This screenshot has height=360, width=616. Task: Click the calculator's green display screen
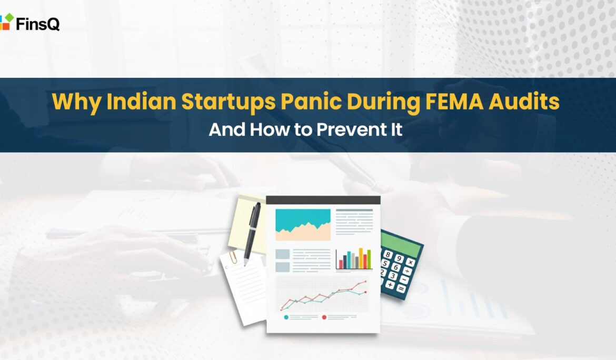[x=402, y=245]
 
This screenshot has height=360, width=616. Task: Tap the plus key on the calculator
[x=390, y=284]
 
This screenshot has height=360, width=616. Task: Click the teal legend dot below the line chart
[x=286, y=317]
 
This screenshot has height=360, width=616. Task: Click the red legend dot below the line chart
[x=324, y=317]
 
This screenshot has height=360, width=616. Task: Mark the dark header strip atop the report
[x=323, y=200]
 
